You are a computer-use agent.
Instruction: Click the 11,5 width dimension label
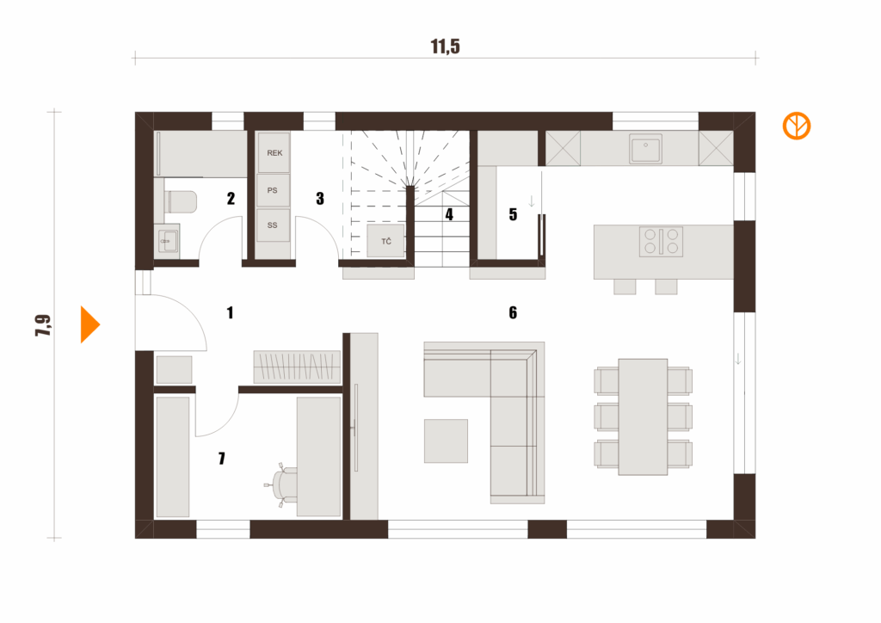[446, 46]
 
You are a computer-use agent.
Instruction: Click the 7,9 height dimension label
[42, 326]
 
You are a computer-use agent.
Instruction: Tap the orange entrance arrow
[89, 325]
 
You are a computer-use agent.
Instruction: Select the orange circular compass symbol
[797, 126]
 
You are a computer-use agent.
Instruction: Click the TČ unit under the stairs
[386, 242]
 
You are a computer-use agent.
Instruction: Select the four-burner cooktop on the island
[661, 241]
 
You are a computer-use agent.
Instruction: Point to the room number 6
[513, 312]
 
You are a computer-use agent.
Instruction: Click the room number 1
[230, 312]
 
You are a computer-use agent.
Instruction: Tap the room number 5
[513, 214]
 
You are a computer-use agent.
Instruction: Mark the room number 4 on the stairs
[449, 215]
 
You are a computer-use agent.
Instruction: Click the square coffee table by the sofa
[446, 441]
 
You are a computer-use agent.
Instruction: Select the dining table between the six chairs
[644, 416]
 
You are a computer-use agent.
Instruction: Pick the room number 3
[320, 199]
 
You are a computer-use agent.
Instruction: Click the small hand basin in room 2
[168, 239]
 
